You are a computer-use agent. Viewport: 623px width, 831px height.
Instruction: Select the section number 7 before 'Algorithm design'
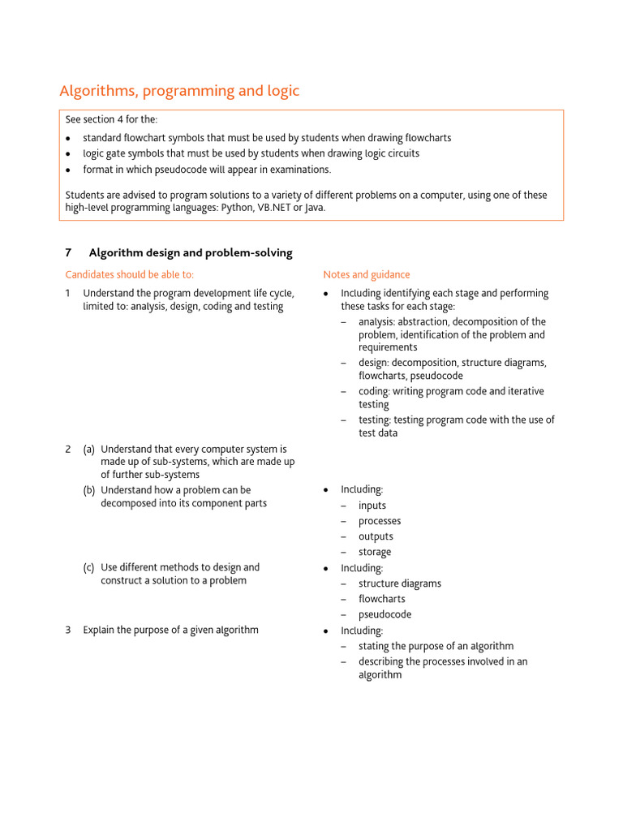point(68,253)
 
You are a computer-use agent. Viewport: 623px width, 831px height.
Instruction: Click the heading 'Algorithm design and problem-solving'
point(191,253)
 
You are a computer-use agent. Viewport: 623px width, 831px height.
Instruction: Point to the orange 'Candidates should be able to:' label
point(130,275)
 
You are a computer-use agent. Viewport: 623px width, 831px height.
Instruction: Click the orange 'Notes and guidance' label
point(367,275)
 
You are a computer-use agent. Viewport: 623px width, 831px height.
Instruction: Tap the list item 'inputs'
point(372,506)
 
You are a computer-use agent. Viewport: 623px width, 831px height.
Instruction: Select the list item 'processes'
point(380,521)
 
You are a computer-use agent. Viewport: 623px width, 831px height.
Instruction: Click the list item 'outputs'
point(376,536)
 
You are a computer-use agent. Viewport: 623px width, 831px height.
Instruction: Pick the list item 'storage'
point(375,552)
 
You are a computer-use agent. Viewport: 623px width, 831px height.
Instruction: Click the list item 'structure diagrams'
point(400,583)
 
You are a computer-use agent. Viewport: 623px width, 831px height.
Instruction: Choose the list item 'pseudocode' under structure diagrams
point(385,614)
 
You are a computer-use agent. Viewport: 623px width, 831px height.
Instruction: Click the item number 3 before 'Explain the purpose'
point(68,631)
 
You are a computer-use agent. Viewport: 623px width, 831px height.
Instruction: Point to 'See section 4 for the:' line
point(111,120)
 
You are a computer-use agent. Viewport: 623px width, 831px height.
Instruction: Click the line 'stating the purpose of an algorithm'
point(436,646)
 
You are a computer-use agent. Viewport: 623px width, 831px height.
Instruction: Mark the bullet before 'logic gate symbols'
point(70,153)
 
